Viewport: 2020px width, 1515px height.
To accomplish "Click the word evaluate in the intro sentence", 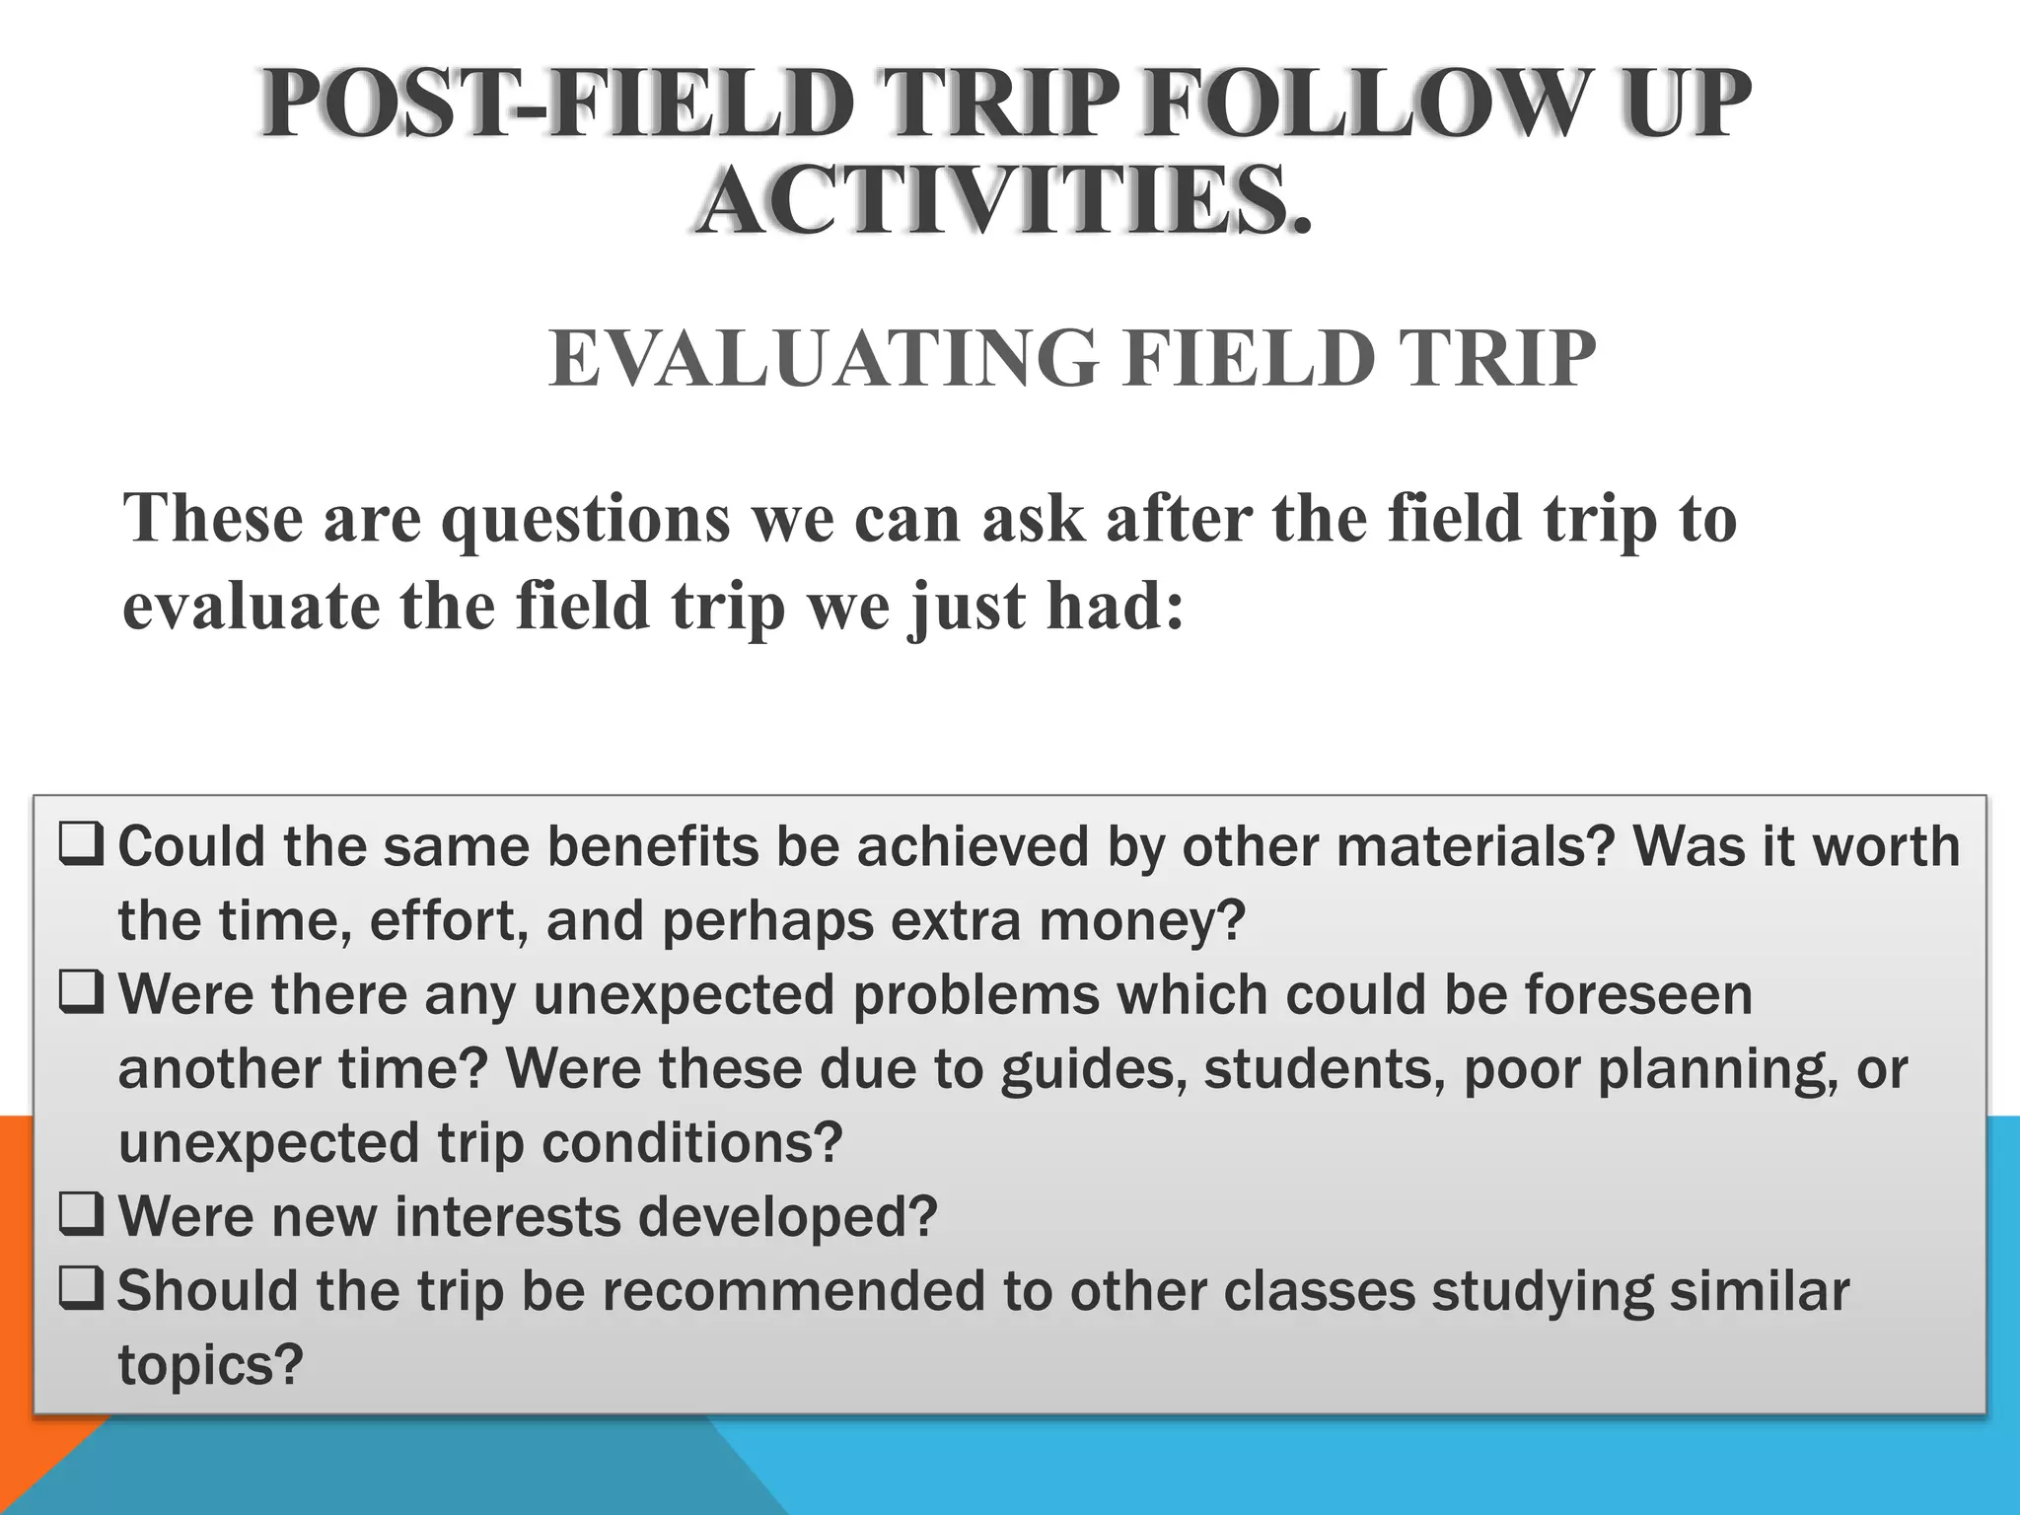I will click(x=251, y=606).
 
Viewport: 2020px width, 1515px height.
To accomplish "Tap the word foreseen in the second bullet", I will click(x=1638, y=994).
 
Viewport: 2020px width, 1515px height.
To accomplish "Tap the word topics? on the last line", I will click(x=210, y=1365).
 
